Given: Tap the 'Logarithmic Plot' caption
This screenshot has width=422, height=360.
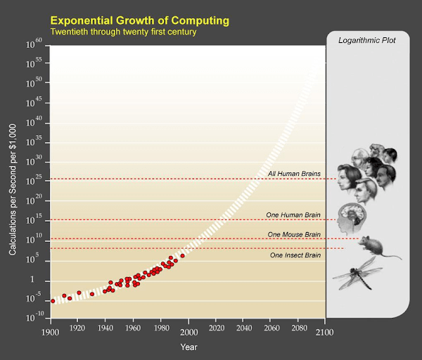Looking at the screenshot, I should click(366, 41).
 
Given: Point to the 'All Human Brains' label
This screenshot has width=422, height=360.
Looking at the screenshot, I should click(294, 174).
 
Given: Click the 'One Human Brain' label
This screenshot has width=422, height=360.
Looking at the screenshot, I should click(294, 214).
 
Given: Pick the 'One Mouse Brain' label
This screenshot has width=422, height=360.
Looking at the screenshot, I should click(294, 234).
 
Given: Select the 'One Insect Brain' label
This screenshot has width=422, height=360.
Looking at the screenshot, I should click(295, 255).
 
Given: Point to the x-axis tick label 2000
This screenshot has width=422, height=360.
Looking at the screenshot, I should click(188, 329).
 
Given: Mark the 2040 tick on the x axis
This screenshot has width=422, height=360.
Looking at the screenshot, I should click(243, 329).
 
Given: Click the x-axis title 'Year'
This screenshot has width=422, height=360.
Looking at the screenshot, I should click(188, 347).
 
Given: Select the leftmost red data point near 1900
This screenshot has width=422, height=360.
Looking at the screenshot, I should click(53, 301).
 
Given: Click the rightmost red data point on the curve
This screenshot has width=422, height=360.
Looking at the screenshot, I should click(182, 256).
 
